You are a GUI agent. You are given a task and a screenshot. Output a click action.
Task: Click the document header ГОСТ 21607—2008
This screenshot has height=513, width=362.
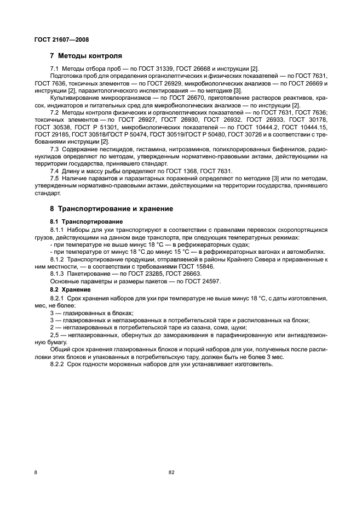(61, 39)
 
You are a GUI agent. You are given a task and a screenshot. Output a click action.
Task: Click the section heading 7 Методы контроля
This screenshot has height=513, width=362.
(85, 56)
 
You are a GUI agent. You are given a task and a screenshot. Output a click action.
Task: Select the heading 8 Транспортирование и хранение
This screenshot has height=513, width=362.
(111, 209)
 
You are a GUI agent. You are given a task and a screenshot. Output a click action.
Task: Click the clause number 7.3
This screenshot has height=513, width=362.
(54, 149)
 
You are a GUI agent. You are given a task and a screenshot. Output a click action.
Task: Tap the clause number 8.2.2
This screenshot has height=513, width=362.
(58, 364)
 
